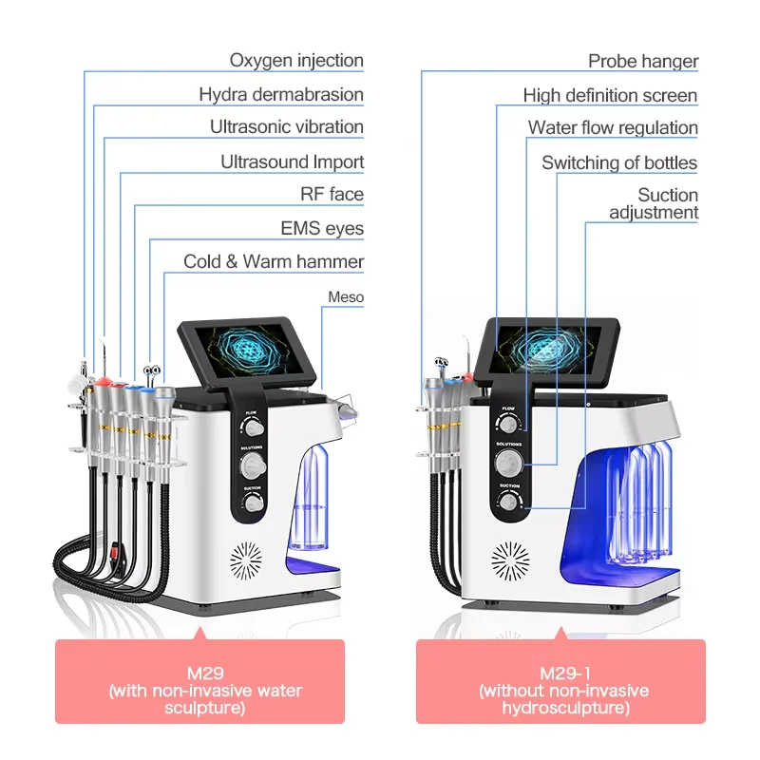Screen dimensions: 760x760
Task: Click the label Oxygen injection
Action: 296,61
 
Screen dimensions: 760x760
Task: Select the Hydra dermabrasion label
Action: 281,94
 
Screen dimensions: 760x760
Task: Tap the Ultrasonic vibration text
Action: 287,127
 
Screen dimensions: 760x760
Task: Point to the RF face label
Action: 332,195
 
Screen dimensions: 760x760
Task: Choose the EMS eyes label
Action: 322,229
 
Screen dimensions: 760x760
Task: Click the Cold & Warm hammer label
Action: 274,262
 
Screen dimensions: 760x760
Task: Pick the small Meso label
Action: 346,297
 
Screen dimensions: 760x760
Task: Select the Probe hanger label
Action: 643,62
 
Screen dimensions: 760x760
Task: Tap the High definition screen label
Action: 610,96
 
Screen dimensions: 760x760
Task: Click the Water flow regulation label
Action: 613,128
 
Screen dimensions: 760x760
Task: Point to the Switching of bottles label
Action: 619,163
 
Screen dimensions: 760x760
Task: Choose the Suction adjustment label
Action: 654,203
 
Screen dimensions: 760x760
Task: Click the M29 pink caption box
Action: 199,681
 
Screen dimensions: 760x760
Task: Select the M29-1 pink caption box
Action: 560,681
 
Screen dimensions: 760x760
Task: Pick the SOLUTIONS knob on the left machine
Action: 254,465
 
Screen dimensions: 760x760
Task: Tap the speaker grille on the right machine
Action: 510,561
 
